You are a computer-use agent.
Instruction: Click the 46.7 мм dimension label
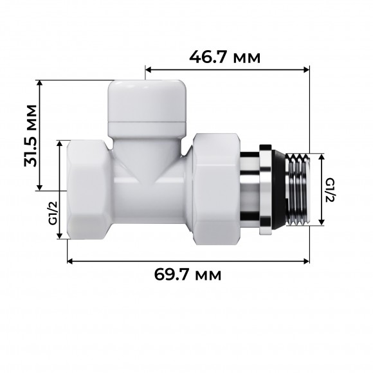[x=225, y=57]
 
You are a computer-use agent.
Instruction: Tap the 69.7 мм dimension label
[x=188, y=275]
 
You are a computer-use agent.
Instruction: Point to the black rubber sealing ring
[x=277, y=191]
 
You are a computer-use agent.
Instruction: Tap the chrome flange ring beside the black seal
[x=265, y=191]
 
